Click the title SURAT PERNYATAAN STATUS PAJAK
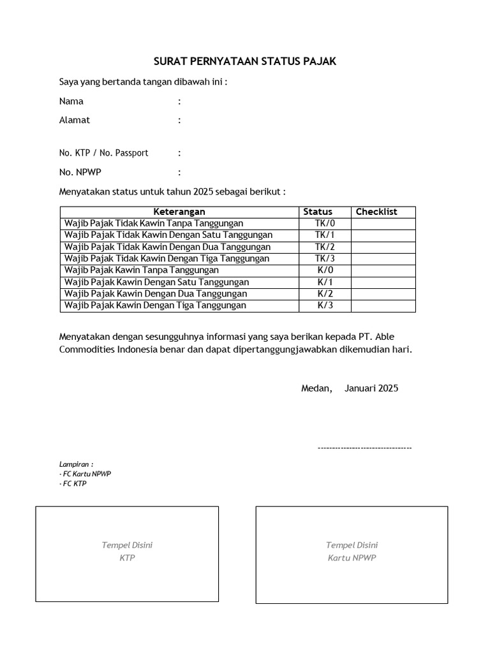(x=244, y=62)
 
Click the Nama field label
(x=71, y=101)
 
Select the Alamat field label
(x=75, y=120)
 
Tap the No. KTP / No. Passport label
(x=103, y=153)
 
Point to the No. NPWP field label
(x=80, y=172)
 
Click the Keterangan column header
(x=179, y=212)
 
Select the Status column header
(x=318, y=212)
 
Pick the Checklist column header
(x=376, y=212)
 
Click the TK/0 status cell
(x=325, y=223)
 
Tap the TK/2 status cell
(x=325, y=247)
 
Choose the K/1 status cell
(x=325, y=282)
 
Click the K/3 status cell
(x=325, y=305)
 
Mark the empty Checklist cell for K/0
(x=383, y=270)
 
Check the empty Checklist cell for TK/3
(x=383, y=258)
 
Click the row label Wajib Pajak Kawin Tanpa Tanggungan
(x=141, y=270)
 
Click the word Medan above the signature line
(x=316, y=388)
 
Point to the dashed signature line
(x=364, y=448)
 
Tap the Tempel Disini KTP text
(x=127, y=552)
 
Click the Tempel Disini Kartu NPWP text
(x=352, y=552)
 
